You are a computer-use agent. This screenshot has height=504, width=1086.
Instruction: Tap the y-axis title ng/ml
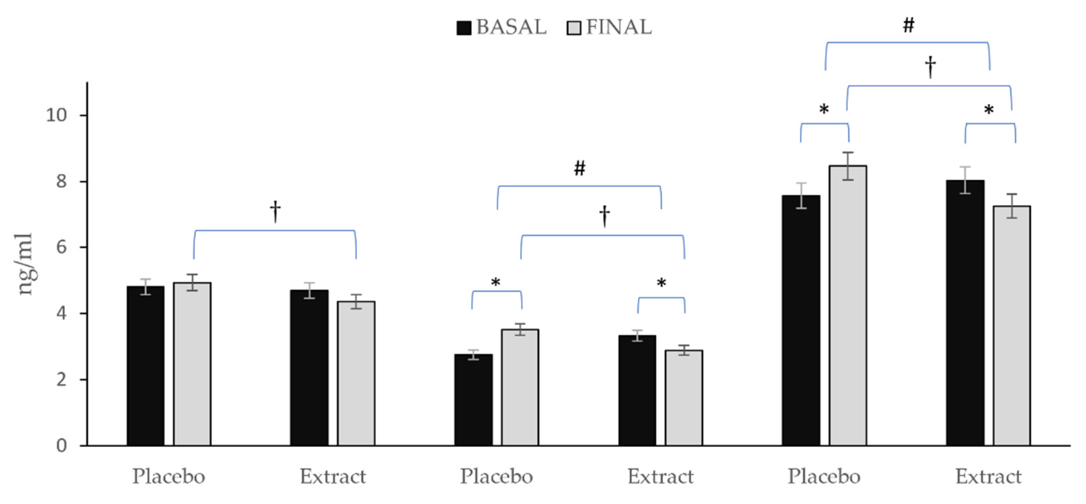pyautogui.click(x=25, y=264)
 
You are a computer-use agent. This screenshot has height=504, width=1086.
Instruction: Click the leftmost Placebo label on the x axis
pyautogui.click(x=168, y=476)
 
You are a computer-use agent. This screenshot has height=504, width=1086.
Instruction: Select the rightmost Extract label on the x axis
pyautogui.click(x=988, y=476)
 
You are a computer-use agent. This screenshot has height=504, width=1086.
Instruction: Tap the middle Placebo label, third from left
pyautogui.click(x=496, y=476)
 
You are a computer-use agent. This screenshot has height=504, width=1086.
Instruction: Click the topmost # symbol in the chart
pyautogui.click(x=909, y=26)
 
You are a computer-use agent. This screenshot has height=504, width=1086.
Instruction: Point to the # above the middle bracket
pyautogui.click(x=580, y=169)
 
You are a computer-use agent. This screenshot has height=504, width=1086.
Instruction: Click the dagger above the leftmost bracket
pyautogui.click(x=275, y=211)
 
